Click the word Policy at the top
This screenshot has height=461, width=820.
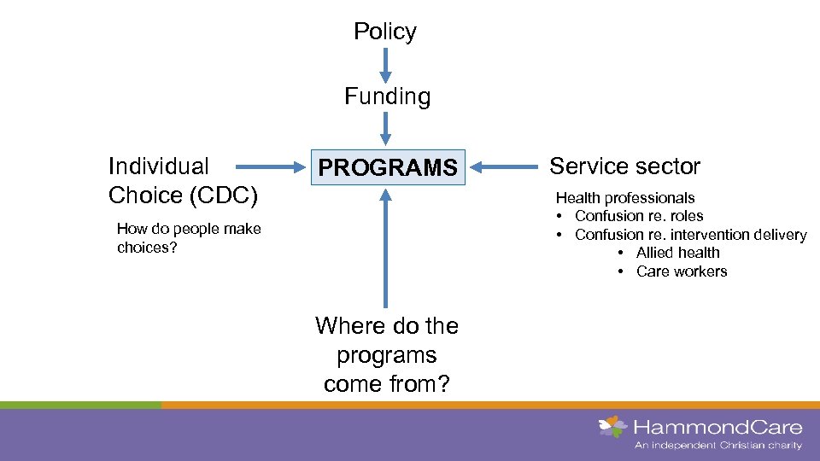385,32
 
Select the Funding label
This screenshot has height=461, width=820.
387,96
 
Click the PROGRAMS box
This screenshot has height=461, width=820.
388,167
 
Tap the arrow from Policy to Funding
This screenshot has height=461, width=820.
386,64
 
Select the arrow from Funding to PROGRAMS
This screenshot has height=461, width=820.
386,128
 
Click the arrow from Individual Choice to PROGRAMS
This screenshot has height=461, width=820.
266,166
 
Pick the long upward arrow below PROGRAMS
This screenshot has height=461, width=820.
386,248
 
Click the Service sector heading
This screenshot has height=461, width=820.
624,166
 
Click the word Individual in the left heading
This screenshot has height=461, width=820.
158,166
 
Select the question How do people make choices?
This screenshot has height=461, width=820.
188,237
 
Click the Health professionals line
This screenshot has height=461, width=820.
625,197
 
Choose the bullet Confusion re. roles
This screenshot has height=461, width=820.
638,216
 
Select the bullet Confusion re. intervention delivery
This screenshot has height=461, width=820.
690,235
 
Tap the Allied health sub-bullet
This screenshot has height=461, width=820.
677,253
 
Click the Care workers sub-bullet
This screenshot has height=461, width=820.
681,271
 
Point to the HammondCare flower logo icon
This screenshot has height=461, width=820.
612,426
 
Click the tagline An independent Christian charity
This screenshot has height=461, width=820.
717,446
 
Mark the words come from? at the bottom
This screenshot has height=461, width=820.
386,384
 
